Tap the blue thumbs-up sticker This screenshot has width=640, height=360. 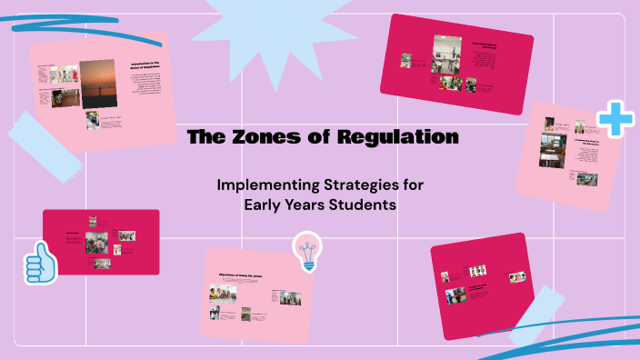point(40,265)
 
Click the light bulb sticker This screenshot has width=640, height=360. point(307,251)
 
